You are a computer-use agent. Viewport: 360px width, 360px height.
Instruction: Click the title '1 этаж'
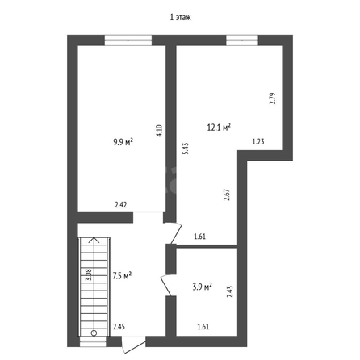[180, 18]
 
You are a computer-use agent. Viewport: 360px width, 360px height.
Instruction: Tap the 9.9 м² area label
[123, 141]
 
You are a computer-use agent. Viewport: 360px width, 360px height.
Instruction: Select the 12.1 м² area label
[220, 127]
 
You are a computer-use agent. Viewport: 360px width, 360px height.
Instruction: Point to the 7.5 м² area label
[122, 276]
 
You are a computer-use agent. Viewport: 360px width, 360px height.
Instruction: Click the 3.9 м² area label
[203, 287]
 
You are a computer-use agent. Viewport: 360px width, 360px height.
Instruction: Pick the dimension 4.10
[159, 131]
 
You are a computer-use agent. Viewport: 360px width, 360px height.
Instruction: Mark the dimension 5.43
[186, 149]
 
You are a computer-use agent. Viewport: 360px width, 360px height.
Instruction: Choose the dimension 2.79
[273, 98]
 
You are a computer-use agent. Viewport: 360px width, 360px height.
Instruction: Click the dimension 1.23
[258, 141]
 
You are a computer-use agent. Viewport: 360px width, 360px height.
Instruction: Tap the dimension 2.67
[228, 195]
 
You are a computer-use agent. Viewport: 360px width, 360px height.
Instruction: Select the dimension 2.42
[121, 205]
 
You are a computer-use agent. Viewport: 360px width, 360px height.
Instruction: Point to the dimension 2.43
[230, 291]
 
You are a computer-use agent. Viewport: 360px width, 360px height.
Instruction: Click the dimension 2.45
[119, 327]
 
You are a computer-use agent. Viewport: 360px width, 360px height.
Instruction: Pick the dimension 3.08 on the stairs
[89, 275]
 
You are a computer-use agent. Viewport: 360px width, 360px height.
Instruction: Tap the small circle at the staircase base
[94, 333]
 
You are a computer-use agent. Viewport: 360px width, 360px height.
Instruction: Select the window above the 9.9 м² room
[128, 40]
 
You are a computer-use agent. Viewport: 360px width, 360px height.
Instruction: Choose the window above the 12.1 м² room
[242, 40]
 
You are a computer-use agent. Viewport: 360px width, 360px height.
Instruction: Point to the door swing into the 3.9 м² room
[167, 286]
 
